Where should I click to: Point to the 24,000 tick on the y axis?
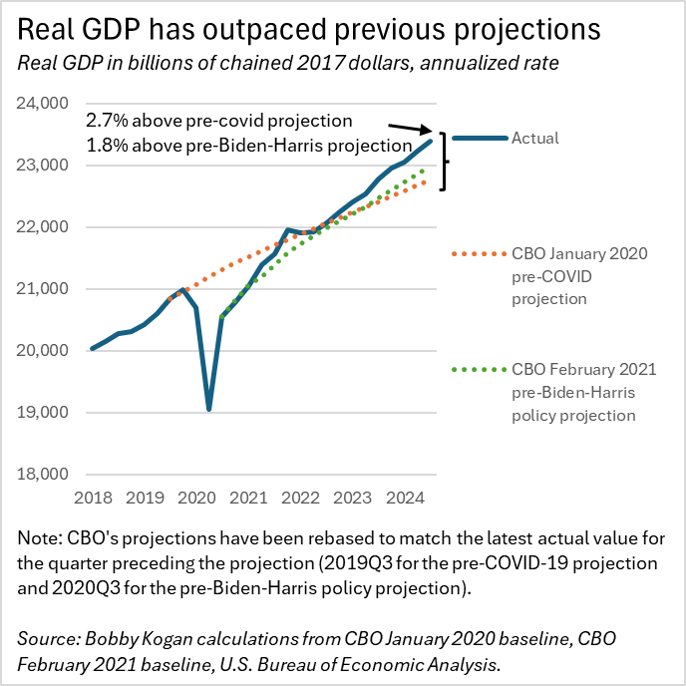[43, 104]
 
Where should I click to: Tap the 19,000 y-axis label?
[43, 412]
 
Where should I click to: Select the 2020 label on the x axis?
[196, 498]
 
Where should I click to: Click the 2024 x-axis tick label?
[405, 498]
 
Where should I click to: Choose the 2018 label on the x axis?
[93, 498]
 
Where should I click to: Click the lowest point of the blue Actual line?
[209, 409]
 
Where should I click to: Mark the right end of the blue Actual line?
[431, 141]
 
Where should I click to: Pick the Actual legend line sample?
[480, 139]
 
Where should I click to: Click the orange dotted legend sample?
[479, 253]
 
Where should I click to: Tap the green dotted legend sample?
[479, 370]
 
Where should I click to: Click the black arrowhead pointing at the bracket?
[426, 130]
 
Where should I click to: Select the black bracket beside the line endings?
[445, 162]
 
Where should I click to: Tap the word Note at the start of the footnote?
[40, 538]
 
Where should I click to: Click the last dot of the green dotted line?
[422, 171]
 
